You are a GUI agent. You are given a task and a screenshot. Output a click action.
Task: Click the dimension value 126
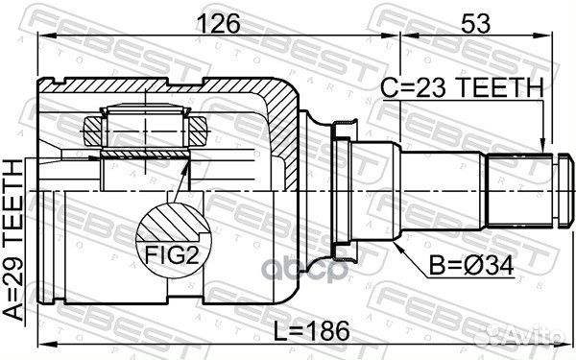pyautogui.click(x=219, y=22)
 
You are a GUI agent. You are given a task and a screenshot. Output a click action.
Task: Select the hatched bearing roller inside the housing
pyautogui.click(x=147, y=125)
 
